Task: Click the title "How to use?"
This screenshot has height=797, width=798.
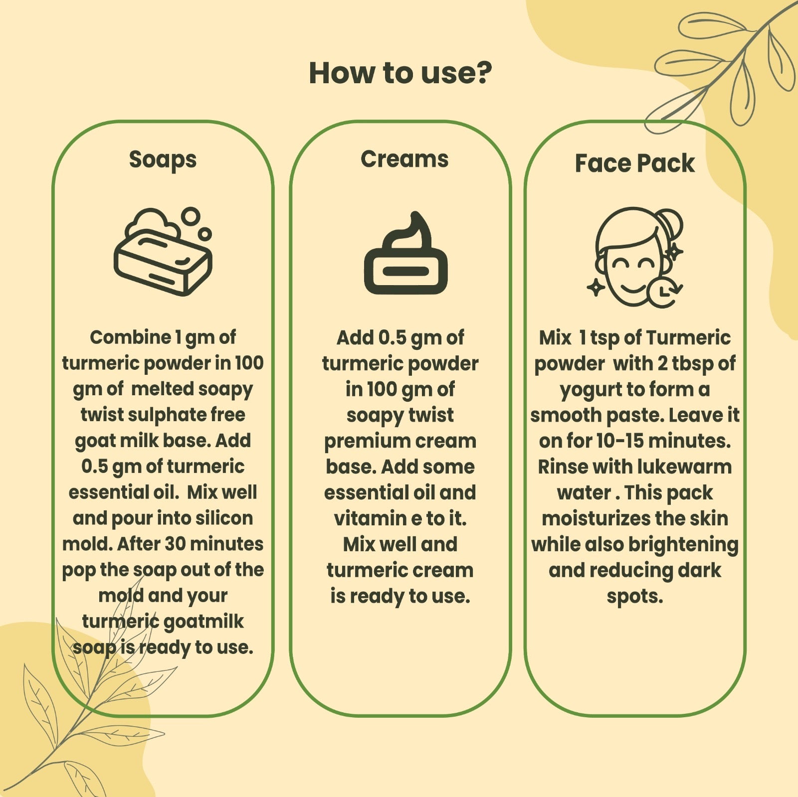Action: [x=400, y=73]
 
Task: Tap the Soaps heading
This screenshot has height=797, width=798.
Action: [x=163, y=160]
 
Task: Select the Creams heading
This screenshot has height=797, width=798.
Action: [x=404, y=159]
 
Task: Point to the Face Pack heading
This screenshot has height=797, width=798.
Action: [x=634, y=163]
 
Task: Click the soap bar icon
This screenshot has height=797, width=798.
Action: [x=163, y=252]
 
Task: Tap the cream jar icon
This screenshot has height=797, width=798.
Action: [x=405, y=254]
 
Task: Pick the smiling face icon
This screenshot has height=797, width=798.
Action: [x=635, y=258]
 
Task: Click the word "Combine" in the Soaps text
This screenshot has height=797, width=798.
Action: [x=131, y=337]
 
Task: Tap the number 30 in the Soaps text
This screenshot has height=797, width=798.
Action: [x=176, y=544]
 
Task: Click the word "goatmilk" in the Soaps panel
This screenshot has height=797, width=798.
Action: [x=203, y=622]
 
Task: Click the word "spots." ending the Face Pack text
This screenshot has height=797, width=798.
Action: [x=635, y=597]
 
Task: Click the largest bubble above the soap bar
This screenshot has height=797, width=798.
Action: [x=190, y=217]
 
